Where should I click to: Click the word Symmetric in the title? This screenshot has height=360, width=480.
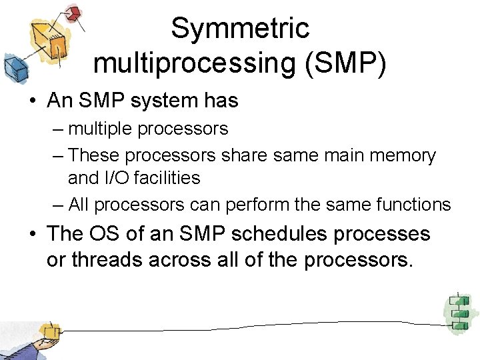point(240,29)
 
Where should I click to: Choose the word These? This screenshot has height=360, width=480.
point(93,155)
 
